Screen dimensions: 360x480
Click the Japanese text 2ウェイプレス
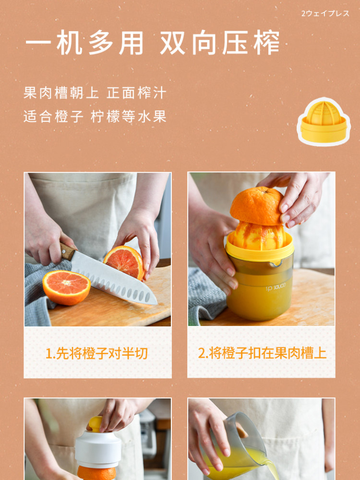point(325,13)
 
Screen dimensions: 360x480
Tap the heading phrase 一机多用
point(84,42)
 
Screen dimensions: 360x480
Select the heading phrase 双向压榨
point(220,42)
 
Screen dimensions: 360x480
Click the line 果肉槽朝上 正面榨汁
point(95,93)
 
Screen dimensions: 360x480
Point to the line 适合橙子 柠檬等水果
point(95,116)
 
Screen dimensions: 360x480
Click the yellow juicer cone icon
point(324,121)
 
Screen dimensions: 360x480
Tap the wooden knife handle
point(67,252)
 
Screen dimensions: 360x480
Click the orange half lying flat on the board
point(66,288)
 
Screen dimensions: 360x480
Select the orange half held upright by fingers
point(124,262)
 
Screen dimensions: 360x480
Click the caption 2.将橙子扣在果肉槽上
point(262,353)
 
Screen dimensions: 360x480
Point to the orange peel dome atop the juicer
point(256,206)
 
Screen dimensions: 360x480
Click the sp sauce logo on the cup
point(276,287)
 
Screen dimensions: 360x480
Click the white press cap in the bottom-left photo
point(98,448)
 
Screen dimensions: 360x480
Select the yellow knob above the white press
point(96,424)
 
